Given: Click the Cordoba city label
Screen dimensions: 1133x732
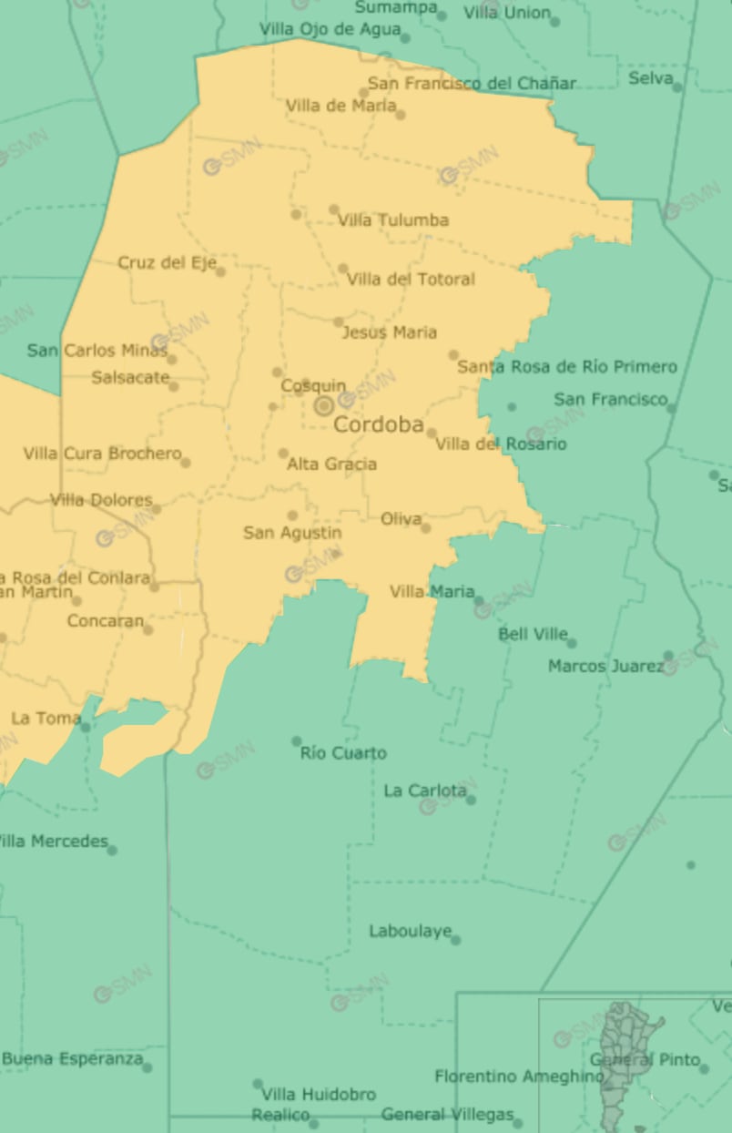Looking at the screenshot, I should click(378, 424).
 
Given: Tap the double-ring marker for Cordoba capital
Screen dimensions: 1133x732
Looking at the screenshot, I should click(323, 406).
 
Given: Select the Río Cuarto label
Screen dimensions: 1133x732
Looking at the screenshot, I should click(343, 753).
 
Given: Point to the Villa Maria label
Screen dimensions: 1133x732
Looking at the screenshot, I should click(432, 592).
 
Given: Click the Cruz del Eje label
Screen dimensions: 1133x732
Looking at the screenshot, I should click(167, 263).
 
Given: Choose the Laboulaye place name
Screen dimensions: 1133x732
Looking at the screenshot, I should click(410, 931).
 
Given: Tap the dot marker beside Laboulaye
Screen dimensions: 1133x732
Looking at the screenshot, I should click(455, 940).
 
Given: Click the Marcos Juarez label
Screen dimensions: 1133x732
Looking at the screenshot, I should click(605, 667).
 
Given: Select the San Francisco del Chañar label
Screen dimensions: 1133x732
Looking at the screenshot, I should click(472, 84).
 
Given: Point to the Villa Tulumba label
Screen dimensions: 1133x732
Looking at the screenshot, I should click(393, 220).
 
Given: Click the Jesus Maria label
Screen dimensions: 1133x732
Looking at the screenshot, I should click(389, 332).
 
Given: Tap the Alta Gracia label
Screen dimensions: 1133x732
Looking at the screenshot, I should click(331, 464).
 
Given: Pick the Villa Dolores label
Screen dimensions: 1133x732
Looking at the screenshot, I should click(101, 500).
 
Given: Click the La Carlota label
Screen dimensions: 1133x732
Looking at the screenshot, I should click(424, 791).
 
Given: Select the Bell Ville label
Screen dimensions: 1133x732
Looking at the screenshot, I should click(533, 634).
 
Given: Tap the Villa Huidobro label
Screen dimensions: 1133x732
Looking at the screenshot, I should click(318, 1094).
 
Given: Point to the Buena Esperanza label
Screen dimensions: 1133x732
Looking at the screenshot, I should click(72, 1059).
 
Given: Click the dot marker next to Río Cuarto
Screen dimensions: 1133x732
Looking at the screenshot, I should click(296, 741).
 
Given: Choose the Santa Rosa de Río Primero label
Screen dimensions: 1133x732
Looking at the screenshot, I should click(567, 367).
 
